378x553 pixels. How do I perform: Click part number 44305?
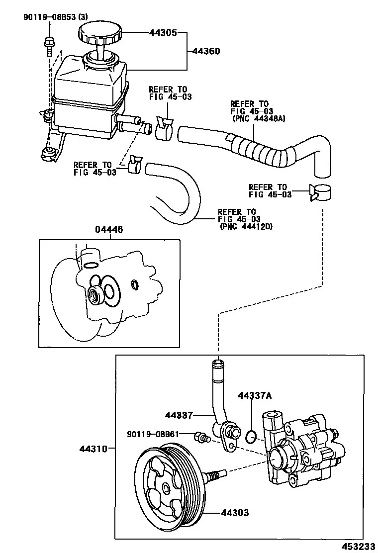tap(163, 33)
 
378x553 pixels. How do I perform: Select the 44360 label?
tap(206, 51)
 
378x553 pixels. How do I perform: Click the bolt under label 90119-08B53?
tap(49, 46)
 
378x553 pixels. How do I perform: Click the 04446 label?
tap(109, 230)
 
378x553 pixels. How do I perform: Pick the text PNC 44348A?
tap(259, 118)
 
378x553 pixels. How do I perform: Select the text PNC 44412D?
tap(246, 227)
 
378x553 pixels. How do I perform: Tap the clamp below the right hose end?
tap(320, 192)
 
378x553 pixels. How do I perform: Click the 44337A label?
tap(255, 396)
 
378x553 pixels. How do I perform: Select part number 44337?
tap(179, 415)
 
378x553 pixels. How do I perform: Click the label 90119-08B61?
tap(153, 434)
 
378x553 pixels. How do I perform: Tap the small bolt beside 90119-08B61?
tap(202, 437)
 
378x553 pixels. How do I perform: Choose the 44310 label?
tap(93, 449)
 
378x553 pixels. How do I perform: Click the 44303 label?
tap(235, 512)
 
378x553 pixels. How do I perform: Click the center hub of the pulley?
tap(166, 488)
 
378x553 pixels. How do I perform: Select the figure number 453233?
tap(359, 547)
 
